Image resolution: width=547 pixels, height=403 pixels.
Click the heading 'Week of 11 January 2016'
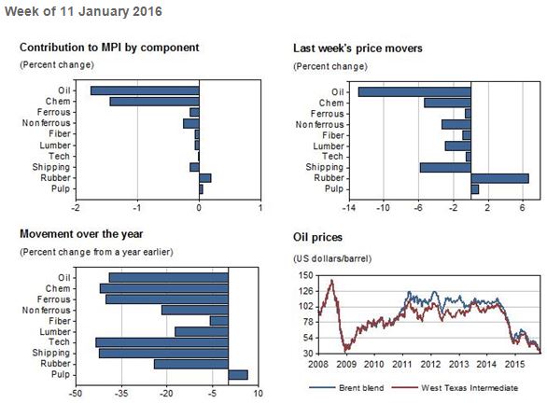pyautogui.click(x=83, y=11)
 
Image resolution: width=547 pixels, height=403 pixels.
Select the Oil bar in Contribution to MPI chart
pyautogui.click(x=145, y=90)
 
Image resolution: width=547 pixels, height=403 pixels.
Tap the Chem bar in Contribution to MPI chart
pyautogui.click(x=154, y=102)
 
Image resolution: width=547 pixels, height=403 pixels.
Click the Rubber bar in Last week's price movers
pyautogui.click(x=499, y=178)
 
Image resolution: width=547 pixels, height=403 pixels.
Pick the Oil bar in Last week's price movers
pyautogui.click(x=414, y=91)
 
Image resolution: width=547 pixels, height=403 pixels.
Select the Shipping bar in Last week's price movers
pyautogui.click(x=445, y=168)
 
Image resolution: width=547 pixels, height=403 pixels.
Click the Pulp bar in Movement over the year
pyautogui.click(x=238, y=375)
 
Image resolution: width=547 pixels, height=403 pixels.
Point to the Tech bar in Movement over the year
pyautogui.click(x=161, y=342)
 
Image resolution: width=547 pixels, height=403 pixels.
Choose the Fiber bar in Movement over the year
pyautogui.click(x=219, y=321)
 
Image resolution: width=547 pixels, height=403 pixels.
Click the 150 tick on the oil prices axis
pyautogui.click(x=304, y=275)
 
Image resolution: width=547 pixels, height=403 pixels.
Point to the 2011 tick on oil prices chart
pyautogui.click(x=402, y=363)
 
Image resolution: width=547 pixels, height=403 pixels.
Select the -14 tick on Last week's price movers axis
pyautogui.click(x=348, y=207)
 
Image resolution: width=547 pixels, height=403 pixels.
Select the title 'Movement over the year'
pyautogui.click(x=81, y=233)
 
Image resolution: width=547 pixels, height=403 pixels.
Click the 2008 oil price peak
pyautogui.click(x=330, y=280)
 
